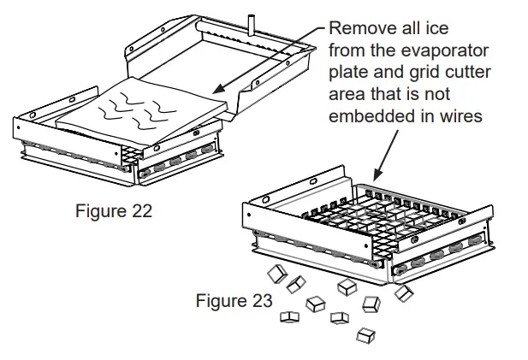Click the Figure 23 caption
[234, 301]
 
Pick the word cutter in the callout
[467, 73]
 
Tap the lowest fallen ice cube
[366, 334]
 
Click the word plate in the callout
[350, 73]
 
